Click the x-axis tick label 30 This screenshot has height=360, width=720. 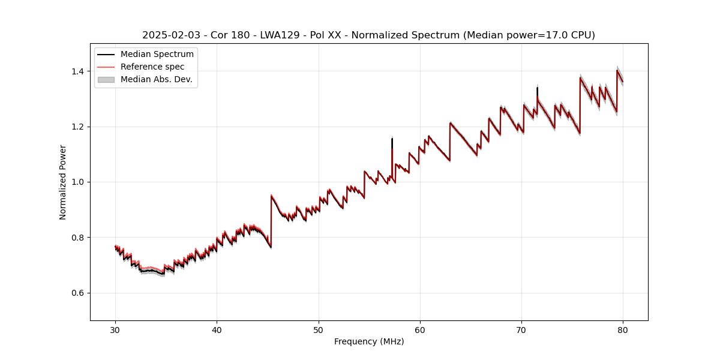click(115, 330)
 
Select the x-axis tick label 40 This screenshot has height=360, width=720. click(217, 330)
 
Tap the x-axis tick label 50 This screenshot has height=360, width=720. click(319, 330)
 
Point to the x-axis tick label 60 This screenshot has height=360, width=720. click(420, 330)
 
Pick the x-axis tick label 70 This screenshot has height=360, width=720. click(521, 330)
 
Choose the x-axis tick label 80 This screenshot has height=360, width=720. click(623, 330)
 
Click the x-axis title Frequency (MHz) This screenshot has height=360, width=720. click(369, 341)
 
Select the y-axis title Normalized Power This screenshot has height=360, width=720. click(63, 182)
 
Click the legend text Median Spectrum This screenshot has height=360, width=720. click(157, 55)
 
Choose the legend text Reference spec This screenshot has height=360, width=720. click(152, 67)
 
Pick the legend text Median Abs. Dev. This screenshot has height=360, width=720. click(157, 79)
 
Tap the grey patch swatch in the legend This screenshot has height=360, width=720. click(106, 79)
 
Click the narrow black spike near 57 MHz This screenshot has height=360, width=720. click(392, 142)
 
